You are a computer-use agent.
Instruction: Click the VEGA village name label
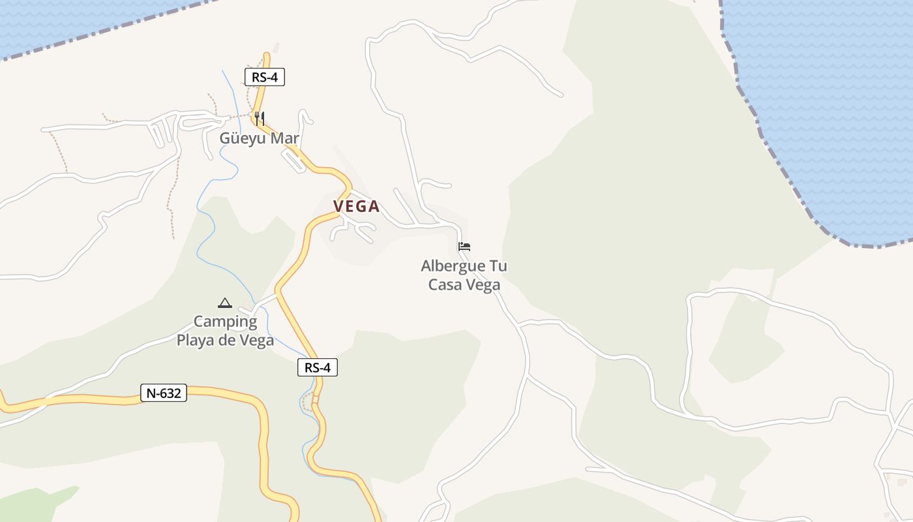(356, 206)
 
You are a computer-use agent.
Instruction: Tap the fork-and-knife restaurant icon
(260, 118)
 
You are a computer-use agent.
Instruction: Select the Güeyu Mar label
(259, 138)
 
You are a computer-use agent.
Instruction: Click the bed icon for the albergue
(464, 247)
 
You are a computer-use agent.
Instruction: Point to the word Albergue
(453, 266)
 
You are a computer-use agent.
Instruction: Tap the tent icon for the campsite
(225, 303)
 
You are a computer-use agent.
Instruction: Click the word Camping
(226, 322)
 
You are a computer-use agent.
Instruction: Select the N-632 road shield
(164, 393)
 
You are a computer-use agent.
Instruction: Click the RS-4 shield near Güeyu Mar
(265, 77)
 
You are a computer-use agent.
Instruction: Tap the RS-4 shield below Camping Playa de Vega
(318, 367)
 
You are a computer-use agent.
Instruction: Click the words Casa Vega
(464, 285)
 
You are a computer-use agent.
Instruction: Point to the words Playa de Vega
(226, 341)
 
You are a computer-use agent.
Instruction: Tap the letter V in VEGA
(338, 206)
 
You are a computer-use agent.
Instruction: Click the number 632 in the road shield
(171, 393)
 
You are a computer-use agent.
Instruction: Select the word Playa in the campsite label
(196, 341)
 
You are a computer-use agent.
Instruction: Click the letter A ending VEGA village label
(374, 206)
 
